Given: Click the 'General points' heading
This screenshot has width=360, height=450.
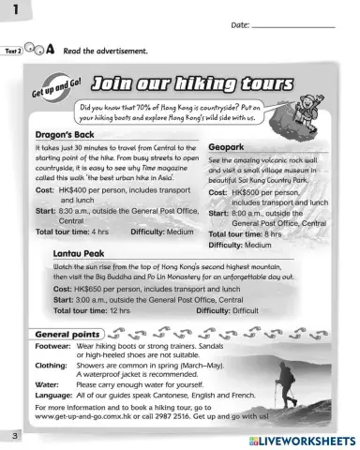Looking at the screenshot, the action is [x=67, y=334].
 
